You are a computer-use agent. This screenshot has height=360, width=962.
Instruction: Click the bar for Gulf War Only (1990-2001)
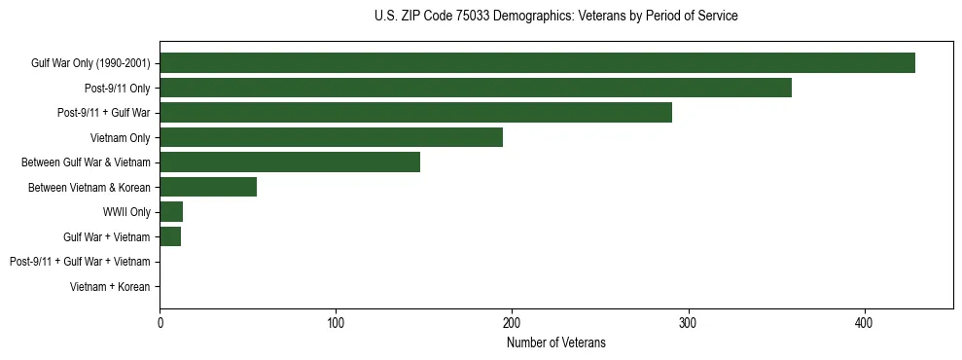pos(537,63)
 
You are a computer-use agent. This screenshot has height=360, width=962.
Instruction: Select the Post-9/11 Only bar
pos(476,88)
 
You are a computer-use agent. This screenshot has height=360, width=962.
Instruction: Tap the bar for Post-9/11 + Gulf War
pos(415,113)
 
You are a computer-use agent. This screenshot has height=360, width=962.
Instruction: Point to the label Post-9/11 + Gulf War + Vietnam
pos(80,262)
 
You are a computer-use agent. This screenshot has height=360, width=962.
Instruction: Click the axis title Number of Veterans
pos(555,342)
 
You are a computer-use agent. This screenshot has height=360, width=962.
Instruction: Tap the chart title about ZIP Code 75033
pos(555,17)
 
